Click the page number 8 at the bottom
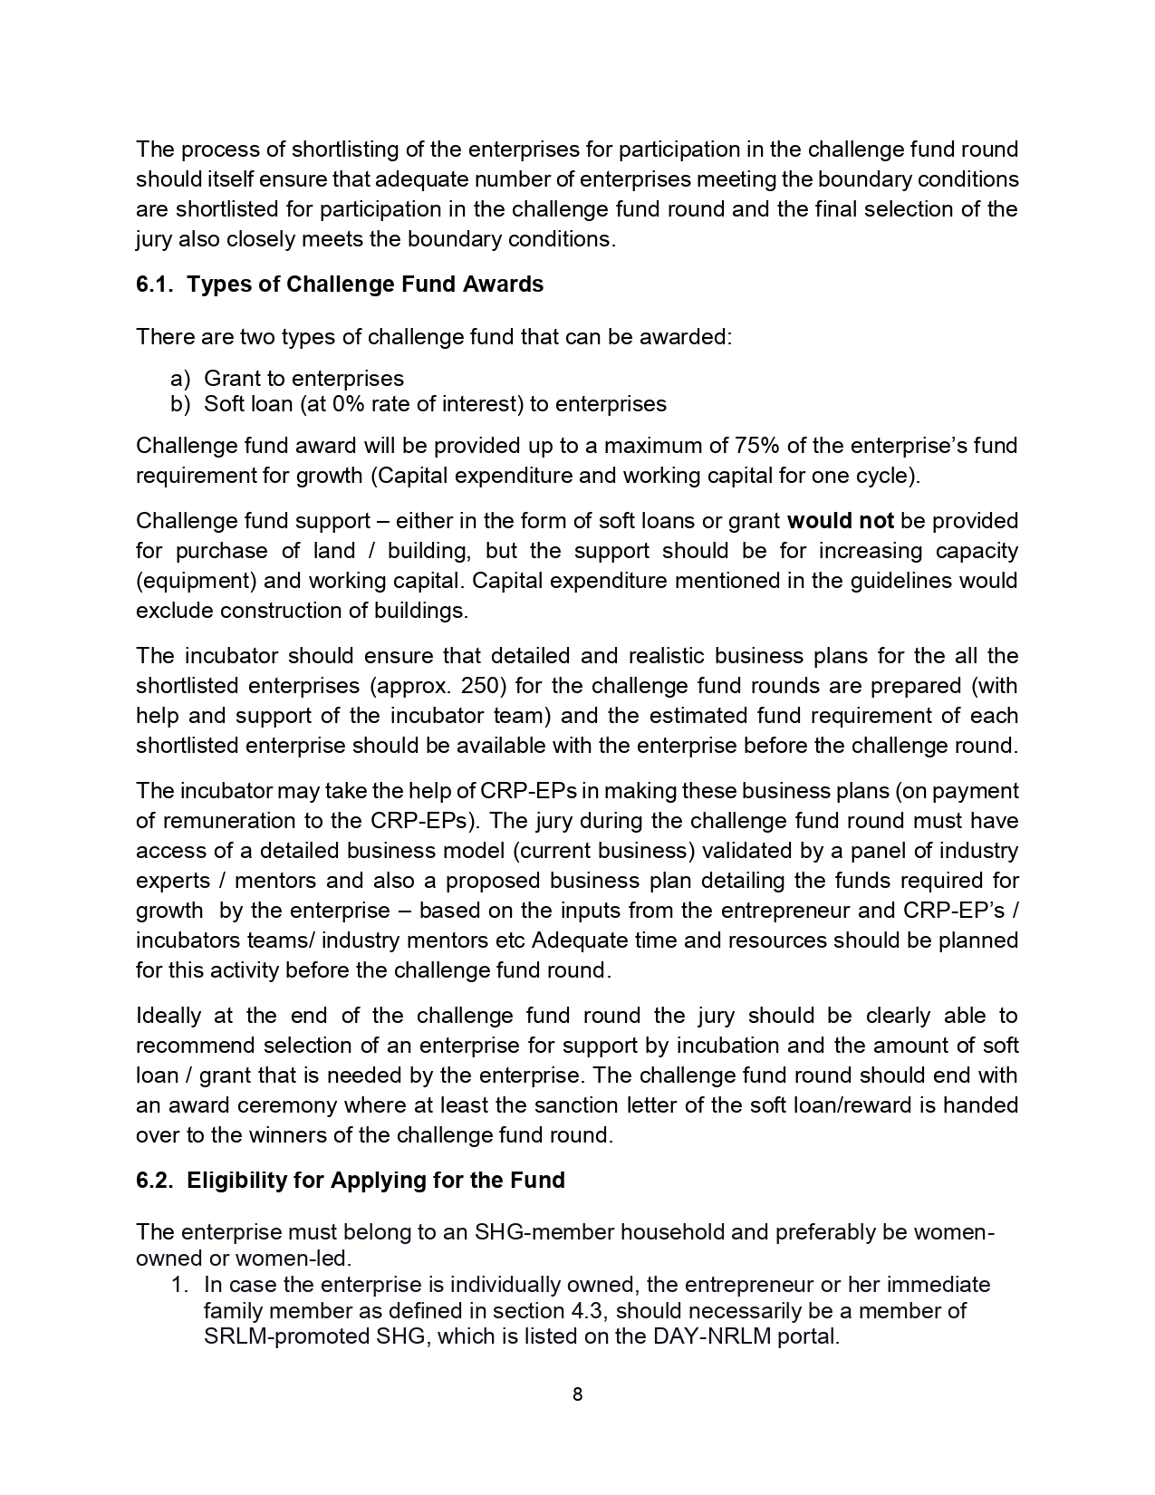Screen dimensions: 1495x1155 tap(577, 1394)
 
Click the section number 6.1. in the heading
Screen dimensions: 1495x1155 tap(156, 285)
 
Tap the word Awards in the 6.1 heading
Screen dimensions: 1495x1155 tap(503, 285)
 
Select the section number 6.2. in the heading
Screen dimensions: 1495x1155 tap(156, 1180)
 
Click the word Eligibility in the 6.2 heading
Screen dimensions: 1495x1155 tap(236, 1180)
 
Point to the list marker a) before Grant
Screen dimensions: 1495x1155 tap(180, 379)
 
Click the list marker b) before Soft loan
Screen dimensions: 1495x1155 tap(180, 404)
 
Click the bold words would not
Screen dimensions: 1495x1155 tap(841, 521)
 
